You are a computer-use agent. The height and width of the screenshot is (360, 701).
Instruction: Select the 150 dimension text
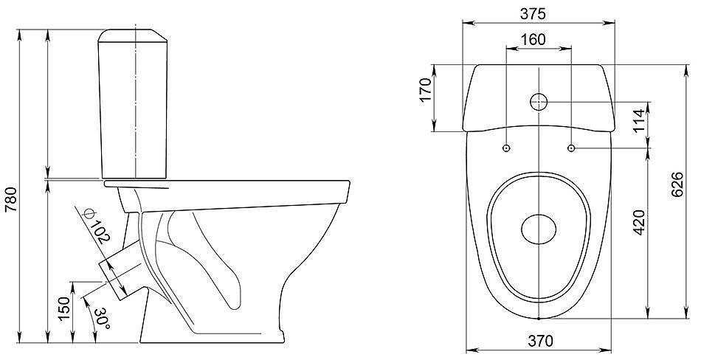[x=64, y=308]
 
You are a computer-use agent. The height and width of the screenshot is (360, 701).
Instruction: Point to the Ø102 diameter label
[x=96, y=226]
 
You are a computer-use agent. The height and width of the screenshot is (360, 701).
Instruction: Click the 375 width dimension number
[x=533, y=14]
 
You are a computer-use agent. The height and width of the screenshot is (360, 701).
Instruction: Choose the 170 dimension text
[x=425, y=89]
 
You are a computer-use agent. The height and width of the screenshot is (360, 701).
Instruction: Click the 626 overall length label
[x=677, y=184]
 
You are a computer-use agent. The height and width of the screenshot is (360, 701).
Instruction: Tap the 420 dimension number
[x=640, y=222]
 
